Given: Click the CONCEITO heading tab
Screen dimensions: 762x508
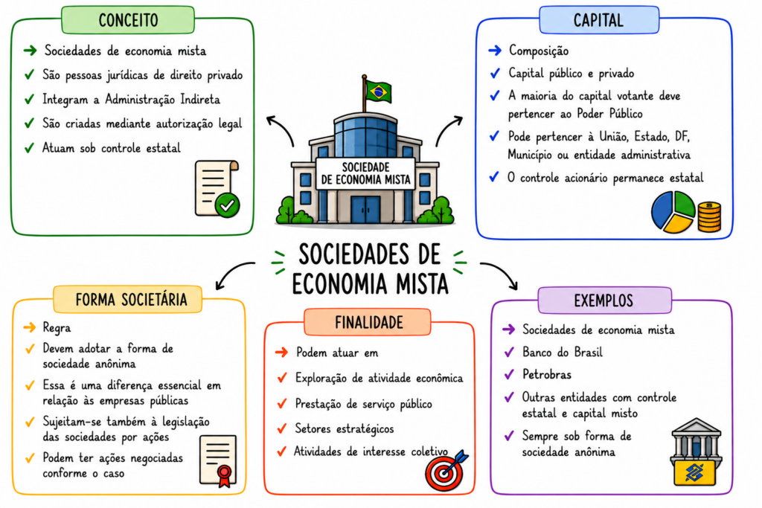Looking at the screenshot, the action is (128, 20).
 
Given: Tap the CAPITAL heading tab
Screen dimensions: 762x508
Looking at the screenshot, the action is (599, 20).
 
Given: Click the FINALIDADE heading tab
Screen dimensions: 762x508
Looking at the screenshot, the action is (368, 322).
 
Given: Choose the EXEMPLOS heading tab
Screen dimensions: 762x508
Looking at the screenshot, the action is (604, 300).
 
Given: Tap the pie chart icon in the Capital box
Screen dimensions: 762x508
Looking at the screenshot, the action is (673, 212).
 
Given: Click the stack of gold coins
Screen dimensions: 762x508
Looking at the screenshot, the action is (709, 216).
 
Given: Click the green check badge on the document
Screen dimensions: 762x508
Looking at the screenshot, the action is (227, 205).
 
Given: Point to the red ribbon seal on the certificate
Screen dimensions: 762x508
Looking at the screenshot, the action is (224, 475).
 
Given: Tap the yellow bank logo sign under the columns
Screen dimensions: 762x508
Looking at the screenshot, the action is (694, 472).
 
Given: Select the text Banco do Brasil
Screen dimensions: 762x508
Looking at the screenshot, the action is (563, 352).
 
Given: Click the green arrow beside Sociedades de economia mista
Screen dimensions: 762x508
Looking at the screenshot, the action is (30, 50).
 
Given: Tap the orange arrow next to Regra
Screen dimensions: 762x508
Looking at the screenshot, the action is (30, 327).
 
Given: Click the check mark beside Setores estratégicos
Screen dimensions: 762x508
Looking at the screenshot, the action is (281, 428).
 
